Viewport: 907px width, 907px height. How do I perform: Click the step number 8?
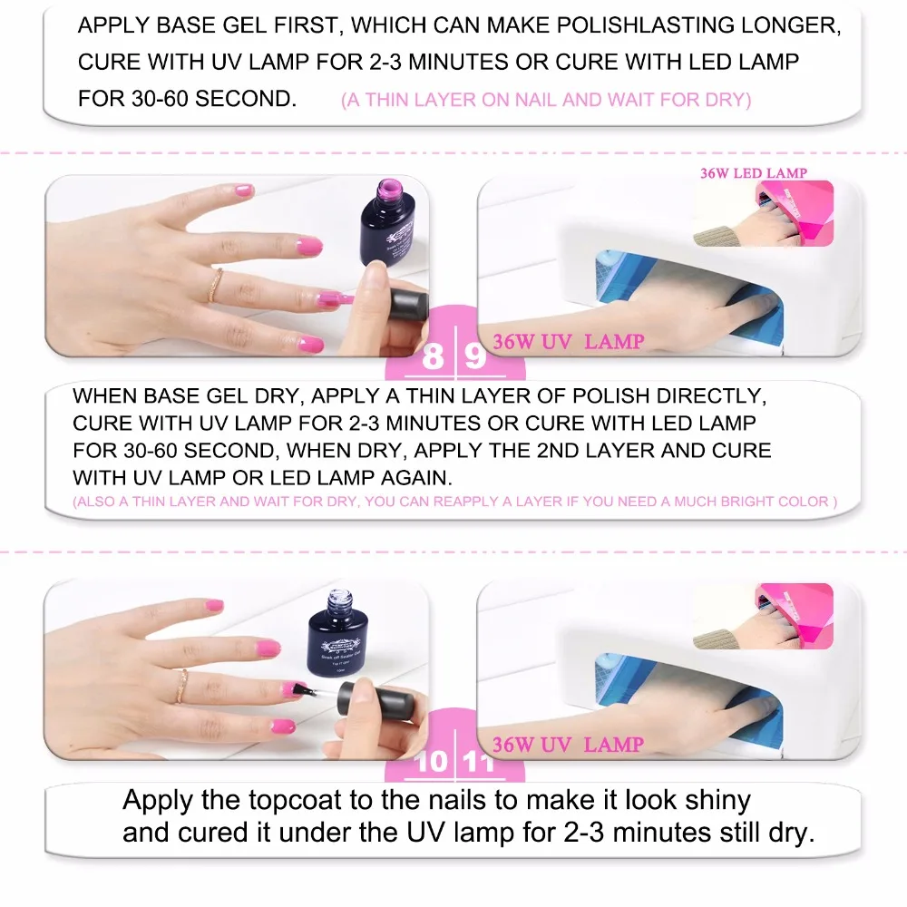[433, 356]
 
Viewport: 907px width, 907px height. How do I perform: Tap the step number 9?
[475, 356]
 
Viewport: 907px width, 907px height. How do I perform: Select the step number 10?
[432, 760]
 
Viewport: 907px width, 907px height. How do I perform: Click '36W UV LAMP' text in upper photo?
[568, 342]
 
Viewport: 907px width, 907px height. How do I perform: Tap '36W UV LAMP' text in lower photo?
[568, 745]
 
